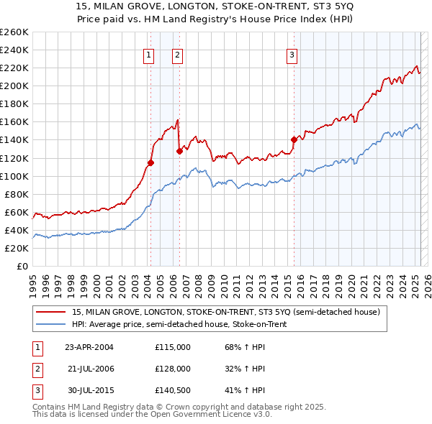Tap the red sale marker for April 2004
coord(150,162)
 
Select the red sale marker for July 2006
coord(179,151)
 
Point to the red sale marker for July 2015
coord(294,139)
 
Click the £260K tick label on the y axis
coord(14,32)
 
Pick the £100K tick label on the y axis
coord(14,176)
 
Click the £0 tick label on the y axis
coord(22,266)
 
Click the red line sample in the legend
coord(51,312)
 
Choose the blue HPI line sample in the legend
coord(51,324)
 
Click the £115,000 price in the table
coord(172,347)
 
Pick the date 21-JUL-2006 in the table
coord(91,369)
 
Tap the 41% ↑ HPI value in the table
coord(245,390)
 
